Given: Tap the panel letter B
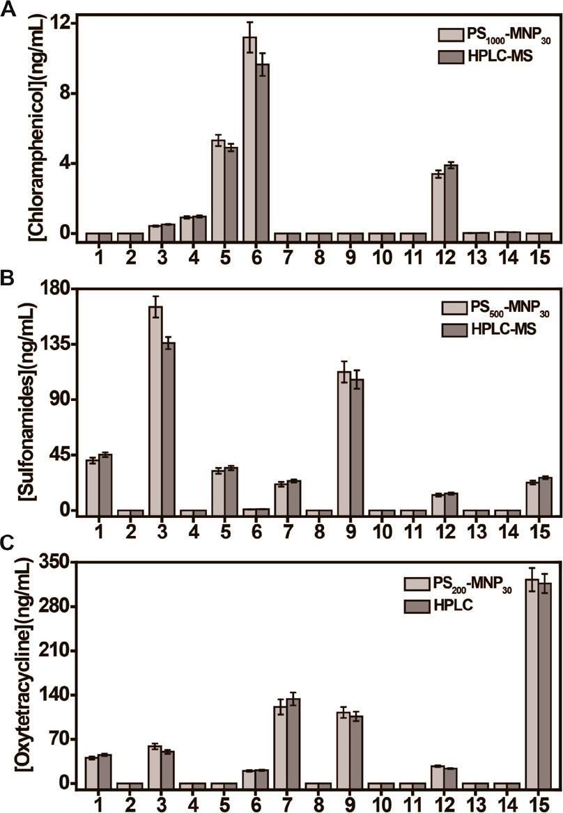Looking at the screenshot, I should point(9,279).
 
